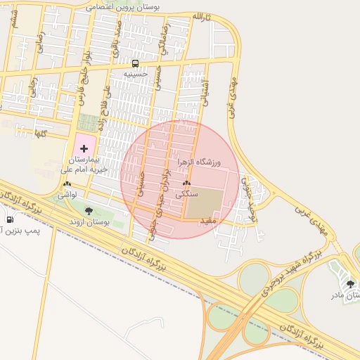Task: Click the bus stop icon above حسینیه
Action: point(134,63)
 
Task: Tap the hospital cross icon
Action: point(84,148)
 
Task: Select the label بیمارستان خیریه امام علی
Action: point(84,165)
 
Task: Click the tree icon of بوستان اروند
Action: point(89,211)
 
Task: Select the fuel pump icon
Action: point(9,219)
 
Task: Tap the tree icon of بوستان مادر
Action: point(350,284)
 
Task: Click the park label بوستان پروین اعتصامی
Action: point(122,6)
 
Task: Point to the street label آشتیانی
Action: point(205,90)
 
